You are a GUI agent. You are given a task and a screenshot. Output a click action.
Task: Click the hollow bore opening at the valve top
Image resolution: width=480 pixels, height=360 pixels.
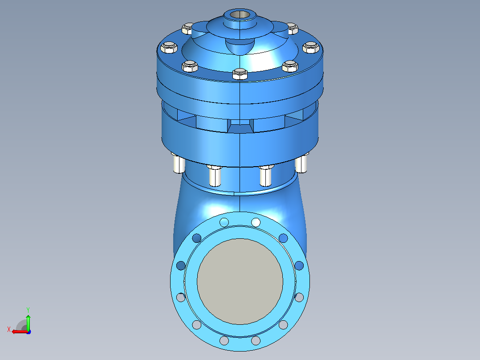tap(240, 14)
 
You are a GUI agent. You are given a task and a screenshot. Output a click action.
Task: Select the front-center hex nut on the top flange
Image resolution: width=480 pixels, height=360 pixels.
tap(240, 74)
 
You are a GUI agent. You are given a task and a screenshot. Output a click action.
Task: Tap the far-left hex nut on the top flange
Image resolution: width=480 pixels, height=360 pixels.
tap(169, 48)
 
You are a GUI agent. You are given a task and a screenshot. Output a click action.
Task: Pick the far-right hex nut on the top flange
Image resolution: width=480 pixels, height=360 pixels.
tap(311, 48)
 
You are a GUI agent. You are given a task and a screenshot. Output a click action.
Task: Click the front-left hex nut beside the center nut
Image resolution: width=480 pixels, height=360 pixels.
tap(190, 66)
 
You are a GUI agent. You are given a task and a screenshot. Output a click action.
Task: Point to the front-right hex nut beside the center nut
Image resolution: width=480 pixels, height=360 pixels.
tap(290, 66)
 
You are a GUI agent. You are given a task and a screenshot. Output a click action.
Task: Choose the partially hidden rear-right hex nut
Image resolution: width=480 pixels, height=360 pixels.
tap(293, 29)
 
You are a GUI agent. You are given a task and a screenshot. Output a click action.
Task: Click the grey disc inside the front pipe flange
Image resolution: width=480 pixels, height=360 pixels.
tap(240, 281)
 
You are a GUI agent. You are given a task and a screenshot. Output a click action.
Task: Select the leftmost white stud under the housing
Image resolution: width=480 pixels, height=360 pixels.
tap(179, 164)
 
